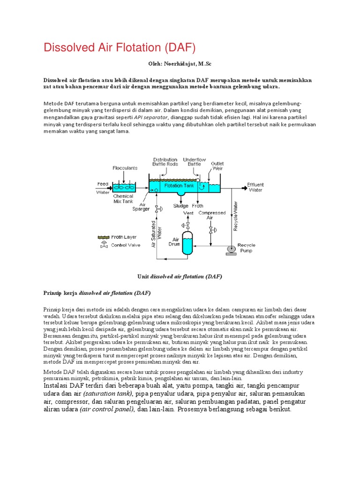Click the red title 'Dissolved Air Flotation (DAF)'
click(119, 48)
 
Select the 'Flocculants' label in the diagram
click(125, 167)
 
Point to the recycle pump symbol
click(231, 249)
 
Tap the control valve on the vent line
click(188, 225)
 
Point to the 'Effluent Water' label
click(255, 187)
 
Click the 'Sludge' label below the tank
click(180, 206)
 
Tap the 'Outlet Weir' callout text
click(217, 167)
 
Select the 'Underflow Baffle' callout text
click(194, 162)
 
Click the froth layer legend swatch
click(103, 237)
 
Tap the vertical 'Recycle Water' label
click(236, 216)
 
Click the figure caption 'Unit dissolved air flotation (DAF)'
click(180, 277)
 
